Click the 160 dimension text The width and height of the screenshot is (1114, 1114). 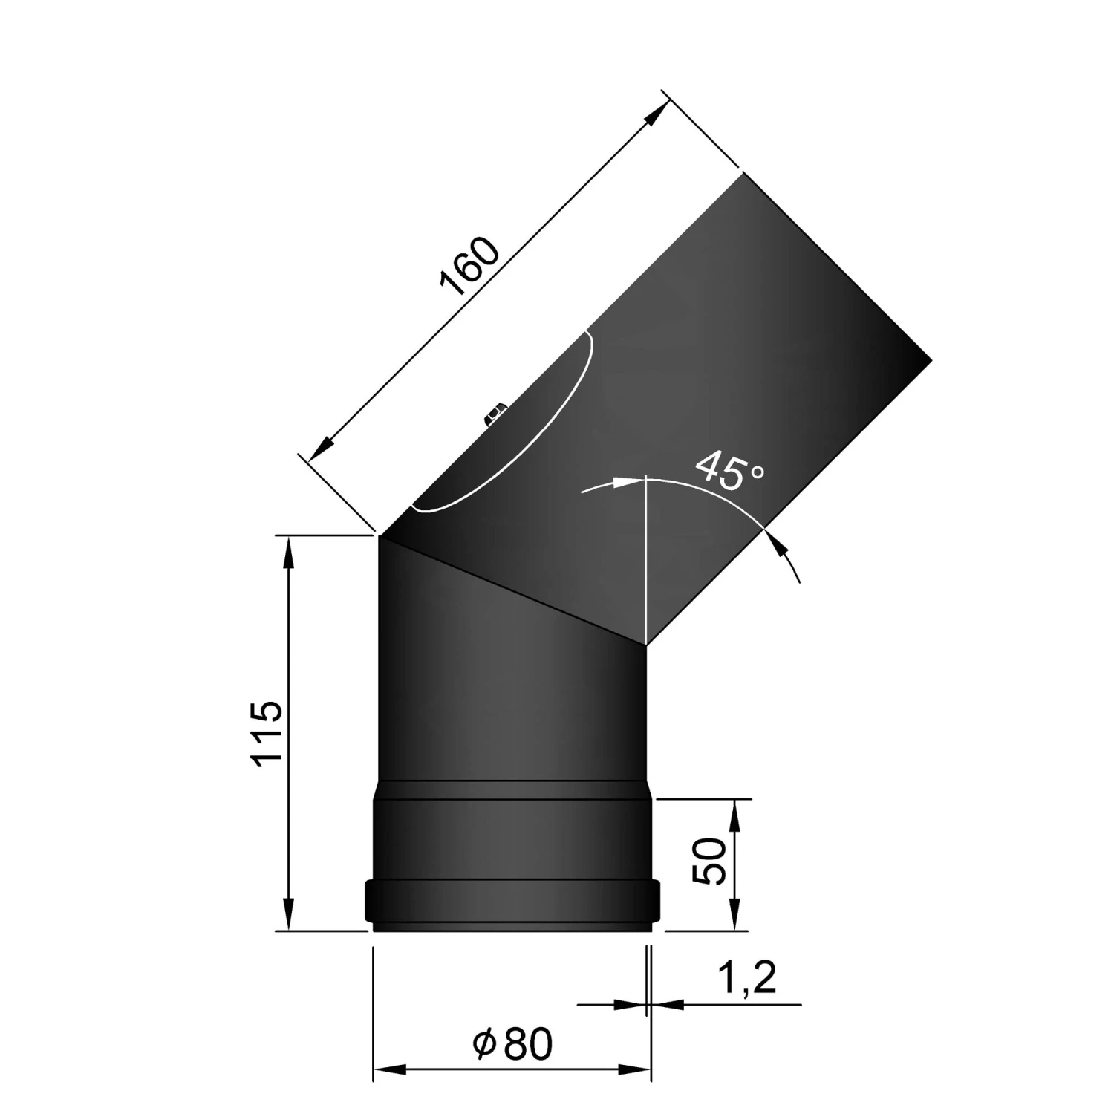471,267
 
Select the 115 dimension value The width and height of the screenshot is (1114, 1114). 267,733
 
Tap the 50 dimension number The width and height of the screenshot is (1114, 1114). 708,861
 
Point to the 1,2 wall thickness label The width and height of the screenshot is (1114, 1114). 748,978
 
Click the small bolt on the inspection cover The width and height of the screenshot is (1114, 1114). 495,414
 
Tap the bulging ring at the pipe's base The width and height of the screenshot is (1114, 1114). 511,900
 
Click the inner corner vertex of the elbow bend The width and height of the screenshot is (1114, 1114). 647,645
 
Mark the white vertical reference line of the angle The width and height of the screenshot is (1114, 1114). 647,557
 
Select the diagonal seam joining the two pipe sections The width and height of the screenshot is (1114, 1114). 512,590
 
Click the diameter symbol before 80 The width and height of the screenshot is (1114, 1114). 483,1045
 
